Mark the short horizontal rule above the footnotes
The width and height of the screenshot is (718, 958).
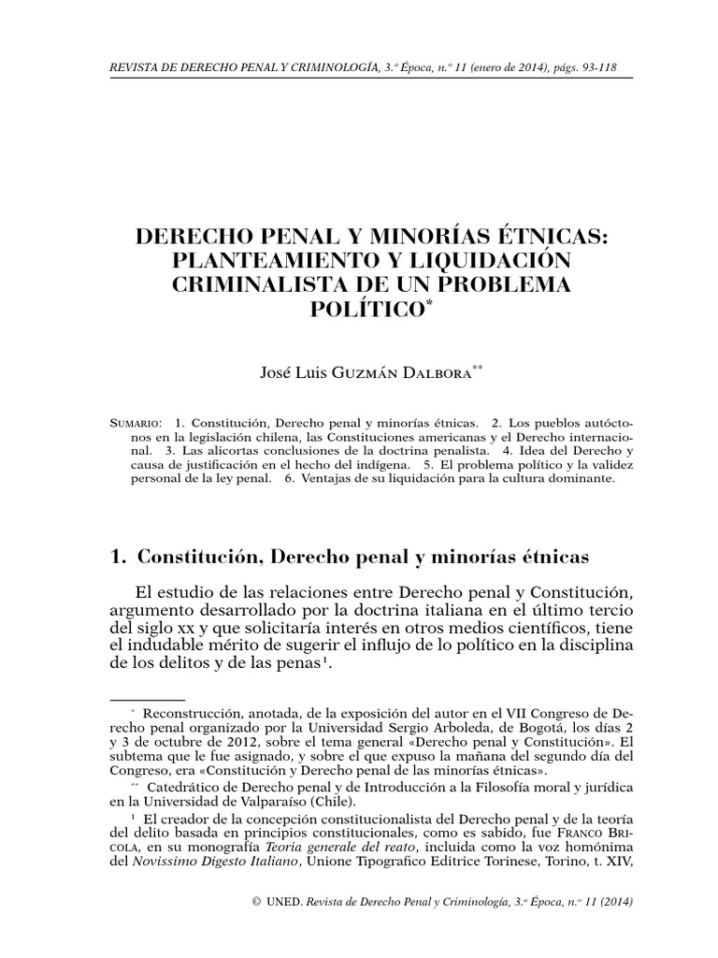(x=148, y=698)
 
